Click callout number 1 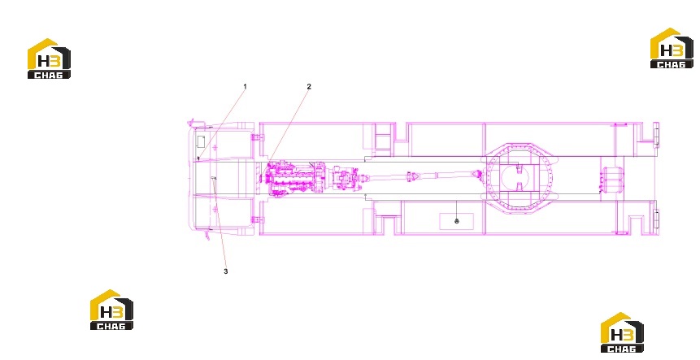coord(245,86)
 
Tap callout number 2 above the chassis coord(309,86)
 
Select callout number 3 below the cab coord(226,271)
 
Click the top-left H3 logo coord(49,59)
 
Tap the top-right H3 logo coord(672,48)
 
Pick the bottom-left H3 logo coord(111,310)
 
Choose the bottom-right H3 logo coord(622,332)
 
